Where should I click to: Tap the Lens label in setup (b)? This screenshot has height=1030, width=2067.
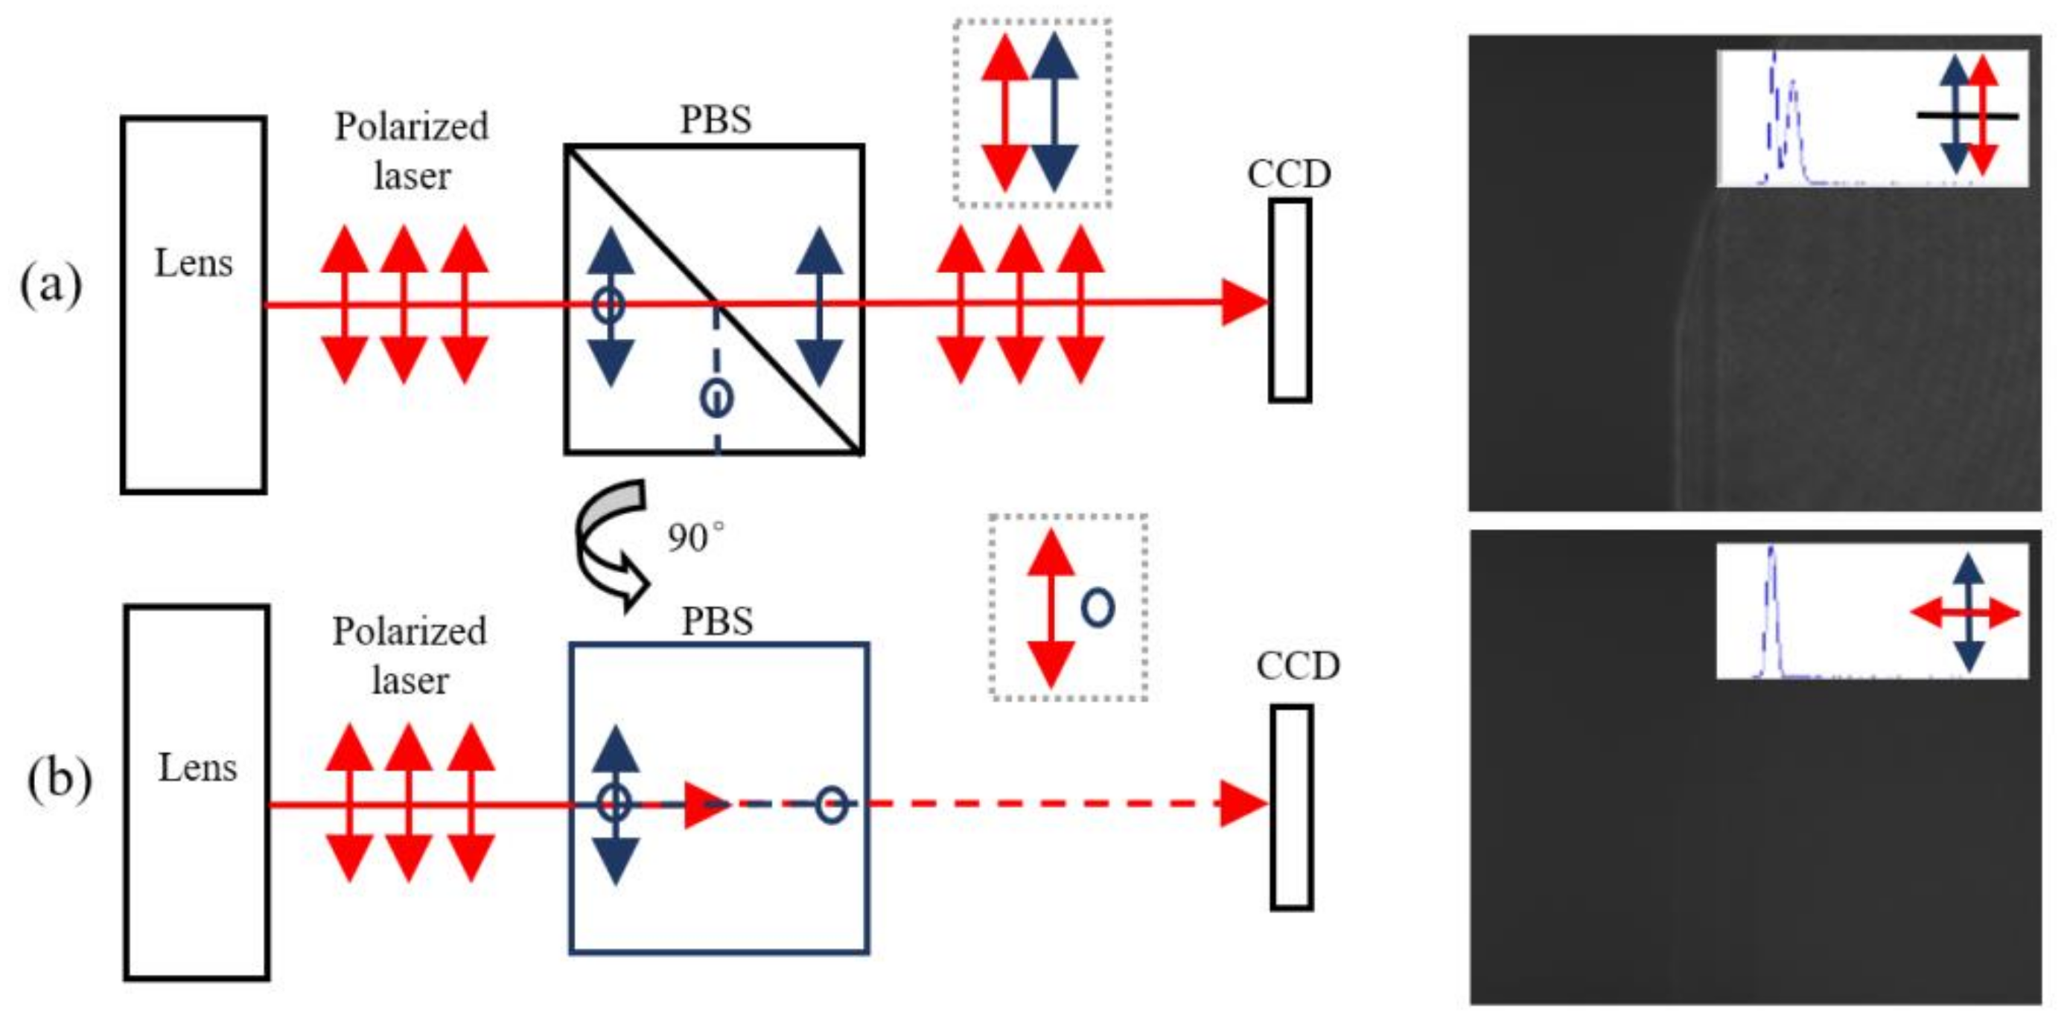(x=197, y=768)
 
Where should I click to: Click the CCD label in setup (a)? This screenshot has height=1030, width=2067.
(x=1289, y=174)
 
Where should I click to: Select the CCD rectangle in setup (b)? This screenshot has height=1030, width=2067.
(x=1291, y=807)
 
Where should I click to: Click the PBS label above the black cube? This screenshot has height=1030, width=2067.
(x=716, y=120)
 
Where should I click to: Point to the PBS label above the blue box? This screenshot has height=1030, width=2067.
(x=717, y=621)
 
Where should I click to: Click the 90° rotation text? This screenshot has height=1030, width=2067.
(x=695, y=537)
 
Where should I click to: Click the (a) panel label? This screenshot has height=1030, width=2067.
(x=51, y=285)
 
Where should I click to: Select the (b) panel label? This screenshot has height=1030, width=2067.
(x=60, y=778)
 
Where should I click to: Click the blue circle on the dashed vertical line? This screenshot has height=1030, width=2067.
(x=716, y=398)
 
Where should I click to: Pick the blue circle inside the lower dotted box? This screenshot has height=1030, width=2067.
(x=1098, y=607)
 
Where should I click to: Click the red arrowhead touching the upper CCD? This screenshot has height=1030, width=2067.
(x=1243, y=302)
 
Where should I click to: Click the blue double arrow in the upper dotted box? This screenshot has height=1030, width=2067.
(x=1054, y=112)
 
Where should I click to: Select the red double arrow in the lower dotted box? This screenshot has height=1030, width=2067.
(x=1051, y=609)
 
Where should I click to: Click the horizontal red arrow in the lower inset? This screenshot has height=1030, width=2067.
(x=1964, y=614)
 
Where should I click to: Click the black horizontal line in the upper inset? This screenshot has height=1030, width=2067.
(x=1966, y=116)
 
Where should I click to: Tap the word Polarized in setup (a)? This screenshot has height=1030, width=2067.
(x=412, y=127)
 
